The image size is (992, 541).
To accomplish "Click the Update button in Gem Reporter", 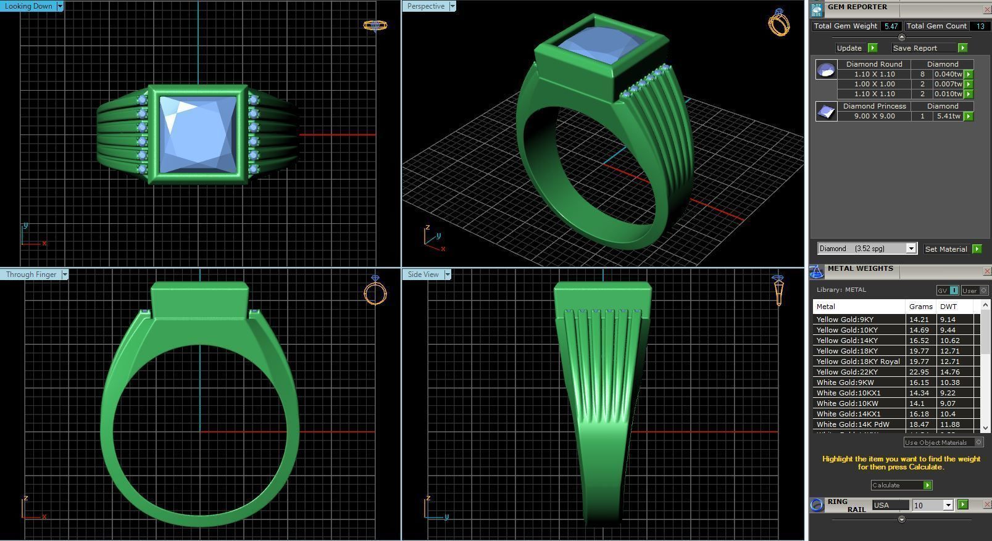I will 849,48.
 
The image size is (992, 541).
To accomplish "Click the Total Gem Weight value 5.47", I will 890,26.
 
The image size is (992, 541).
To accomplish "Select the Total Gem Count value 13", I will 980,26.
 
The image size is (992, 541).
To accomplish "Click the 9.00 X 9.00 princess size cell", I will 873,116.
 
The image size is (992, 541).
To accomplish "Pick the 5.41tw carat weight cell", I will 948,116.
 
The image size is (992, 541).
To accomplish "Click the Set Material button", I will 946,249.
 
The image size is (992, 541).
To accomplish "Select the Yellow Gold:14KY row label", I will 847,341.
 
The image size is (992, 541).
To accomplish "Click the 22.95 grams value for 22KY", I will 919,372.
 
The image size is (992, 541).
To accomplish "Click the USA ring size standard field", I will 890,505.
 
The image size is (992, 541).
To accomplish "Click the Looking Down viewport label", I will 28,6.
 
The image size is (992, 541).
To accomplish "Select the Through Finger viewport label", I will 31,275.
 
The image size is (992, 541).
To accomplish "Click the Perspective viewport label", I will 425,6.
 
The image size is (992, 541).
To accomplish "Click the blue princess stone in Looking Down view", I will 198,134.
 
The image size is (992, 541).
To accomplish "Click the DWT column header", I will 948,307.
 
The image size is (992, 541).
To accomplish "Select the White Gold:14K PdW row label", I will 852,424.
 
